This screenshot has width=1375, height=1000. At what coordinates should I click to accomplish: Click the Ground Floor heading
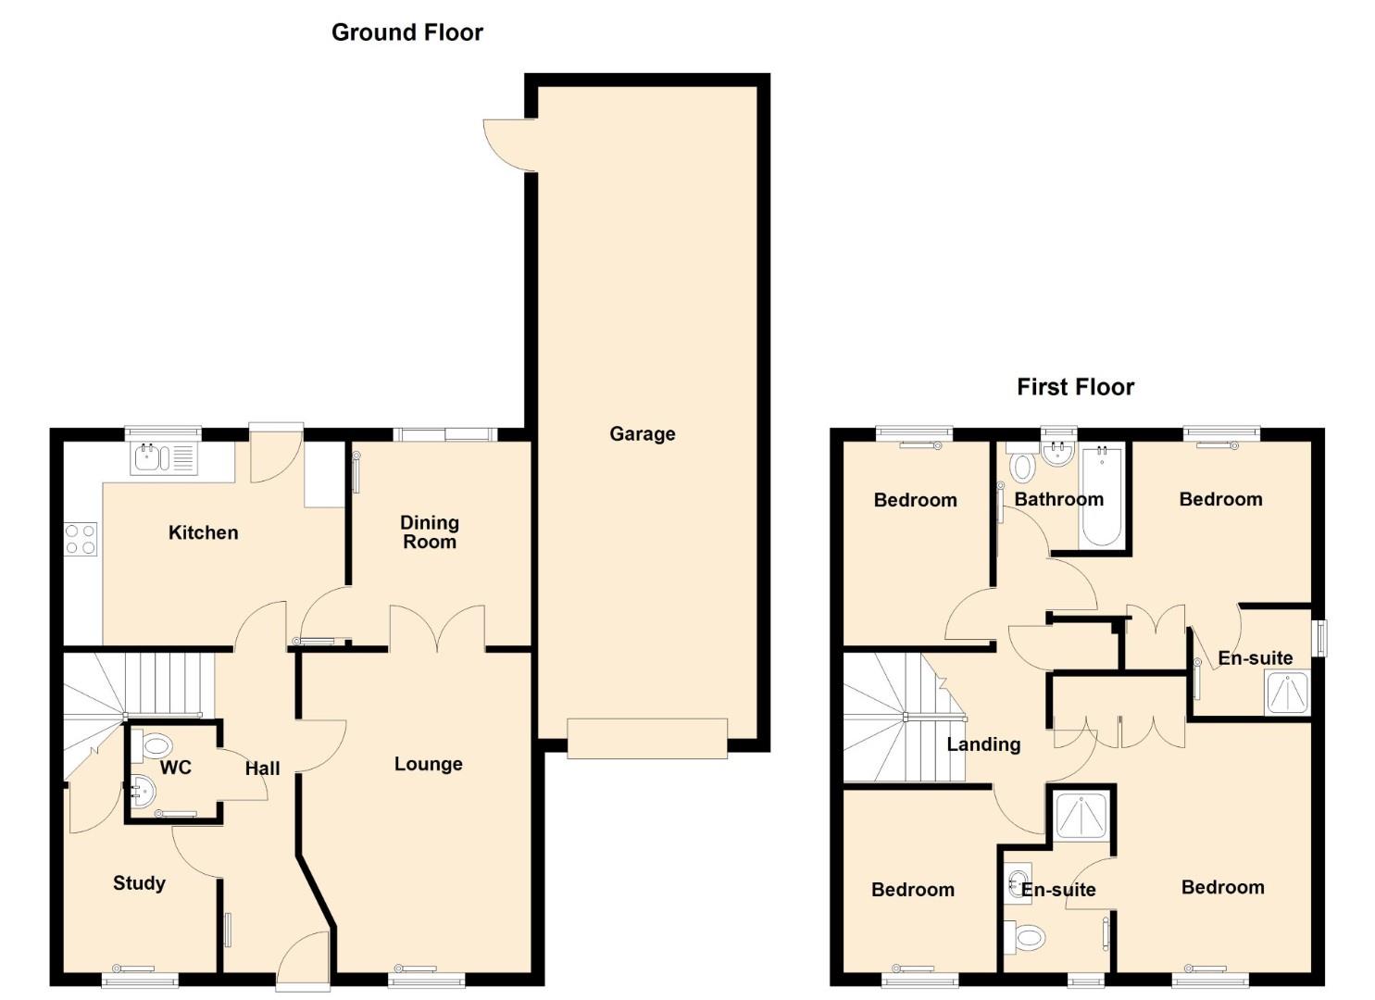click(x=407, y=32)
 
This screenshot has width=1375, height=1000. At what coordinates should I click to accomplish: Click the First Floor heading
click(x=1075, y=387)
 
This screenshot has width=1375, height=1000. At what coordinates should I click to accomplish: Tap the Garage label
click(x=642, y=434)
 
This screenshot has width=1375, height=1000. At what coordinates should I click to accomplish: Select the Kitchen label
click(x=203, y=532)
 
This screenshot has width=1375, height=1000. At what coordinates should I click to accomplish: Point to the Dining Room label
click(x=430, y=531)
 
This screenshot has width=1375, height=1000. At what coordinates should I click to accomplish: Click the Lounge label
click(x=429, y=764)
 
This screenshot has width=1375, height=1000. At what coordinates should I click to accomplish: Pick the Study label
click(x=139, y=883)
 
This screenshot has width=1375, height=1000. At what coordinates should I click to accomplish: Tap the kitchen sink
click(x=165, y=458)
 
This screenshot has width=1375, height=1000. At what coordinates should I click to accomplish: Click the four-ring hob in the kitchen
click(x=81, y=538)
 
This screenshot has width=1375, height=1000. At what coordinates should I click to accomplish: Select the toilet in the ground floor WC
click(x=152, y=746)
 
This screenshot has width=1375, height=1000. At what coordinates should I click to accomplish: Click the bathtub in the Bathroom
click(x=1103, y=496)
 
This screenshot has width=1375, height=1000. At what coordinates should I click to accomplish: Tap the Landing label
click(x=983, y=744)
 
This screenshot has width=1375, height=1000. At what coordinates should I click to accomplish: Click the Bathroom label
click(x=1059, y=499)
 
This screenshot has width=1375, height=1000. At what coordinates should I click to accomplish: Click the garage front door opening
click(x=647, y=739)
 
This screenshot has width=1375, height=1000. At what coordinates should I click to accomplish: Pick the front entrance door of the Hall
click(x=303, y=960)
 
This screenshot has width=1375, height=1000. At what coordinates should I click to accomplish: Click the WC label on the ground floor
click(x=176, y=768)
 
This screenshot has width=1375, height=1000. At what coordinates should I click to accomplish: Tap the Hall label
click(x=263, y=768)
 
